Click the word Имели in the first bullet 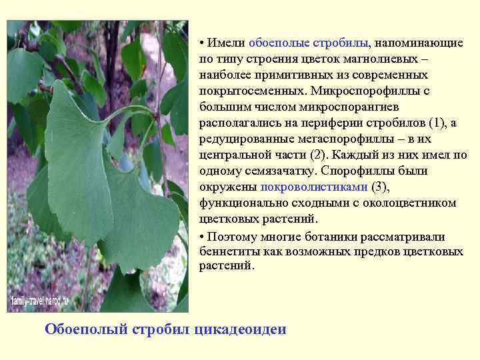coord(226,43)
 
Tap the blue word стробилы coord(337,43)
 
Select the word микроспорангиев coord(339,107)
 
